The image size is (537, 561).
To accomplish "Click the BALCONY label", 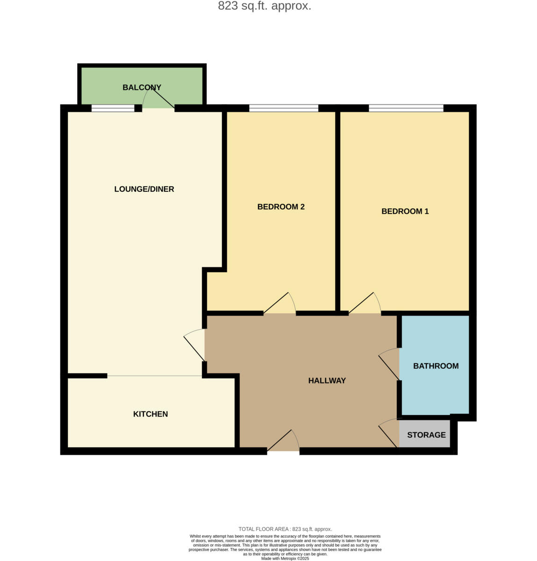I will click(142, 87).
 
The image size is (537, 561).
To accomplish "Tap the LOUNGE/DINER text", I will click(144, 189).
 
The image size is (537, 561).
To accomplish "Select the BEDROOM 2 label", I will click(281, 207).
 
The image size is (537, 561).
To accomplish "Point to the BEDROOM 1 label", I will click(405, 211).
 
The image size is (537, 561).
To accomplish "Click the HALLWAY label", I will click(327, 381).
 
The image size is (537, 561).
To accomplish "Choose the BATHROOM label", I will click(436, 366).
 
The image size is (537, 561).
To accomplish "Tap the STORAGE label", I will click(426, 435).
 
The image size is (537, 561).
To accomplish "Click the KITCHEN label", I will click(150, 414).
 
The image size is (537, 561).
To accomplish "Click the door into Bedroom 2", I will click(280, 304).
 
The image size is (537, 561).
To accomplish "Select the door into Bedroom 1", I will click(365, 304).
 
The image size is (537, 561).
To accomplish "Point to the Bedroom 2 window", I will click(284, 108).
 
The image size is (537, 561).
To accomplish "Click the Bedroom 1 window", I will click(406, 108).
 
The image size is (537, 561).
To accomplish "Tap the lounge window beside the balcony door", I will click(113, 108).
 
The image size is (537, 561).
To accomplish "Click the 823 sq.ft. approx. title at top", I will click(265, 6).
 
